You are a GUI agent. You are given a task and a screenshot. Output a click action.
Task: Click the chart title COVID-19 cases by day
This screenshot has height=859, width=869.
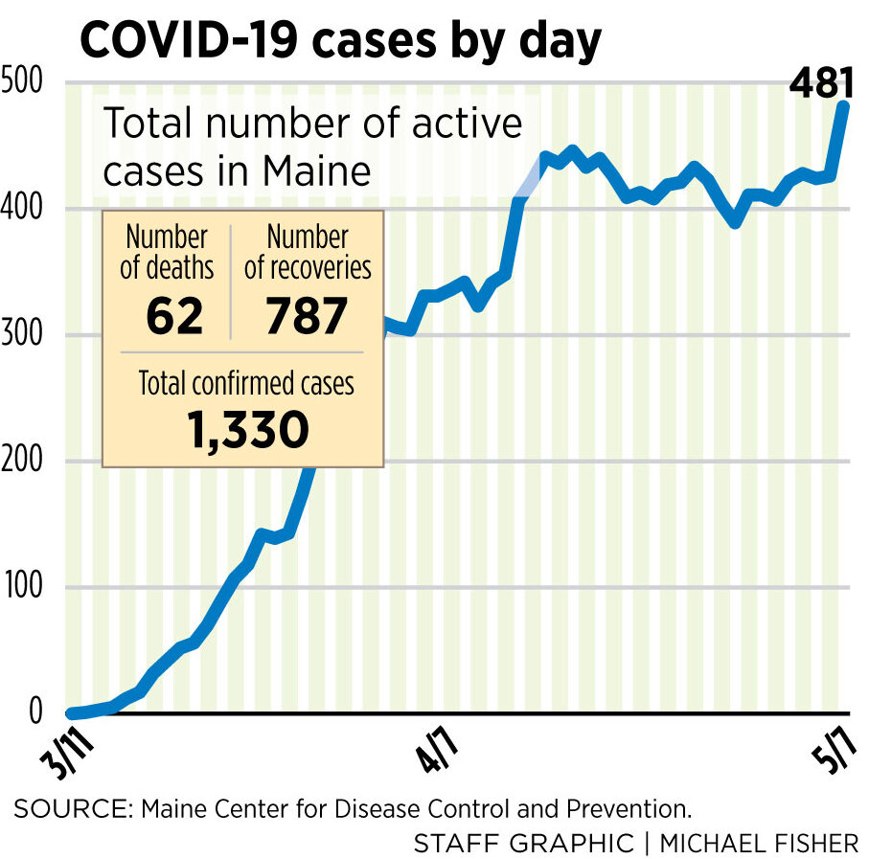(340, 40)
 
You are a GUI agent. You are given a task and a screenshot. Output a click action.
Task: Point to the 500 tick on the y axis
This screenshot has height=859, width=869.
(22, 82)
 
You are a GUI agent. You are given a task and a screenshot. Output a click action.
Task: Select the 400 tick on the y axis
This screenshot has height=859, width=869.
(24, 209)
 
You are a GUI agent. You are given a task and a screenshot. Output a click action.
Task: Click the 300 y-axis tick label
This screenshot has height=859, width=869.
(24, 335)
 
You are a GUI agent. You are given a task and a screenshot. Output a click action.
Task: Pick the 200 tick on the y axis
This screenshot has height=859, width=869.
(24, 462)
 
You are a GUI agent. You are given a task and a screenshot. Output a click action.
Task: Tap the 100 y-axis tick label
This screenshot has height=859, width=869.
(23, 587)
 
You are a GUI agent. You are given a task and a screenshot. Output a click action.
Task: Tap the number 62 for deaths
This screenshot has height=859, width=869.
(174, 317)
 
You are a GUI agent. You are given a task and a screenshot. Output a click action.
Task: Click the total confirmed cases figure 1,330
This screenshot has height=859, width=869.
(248, 431)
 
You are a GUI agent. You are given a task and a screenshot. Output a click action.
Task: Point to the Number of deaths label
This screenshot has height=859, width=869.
(167, 252)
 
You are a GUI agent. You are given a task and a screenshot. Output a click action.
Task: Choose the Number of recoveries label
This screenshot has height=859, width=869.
(307, 252)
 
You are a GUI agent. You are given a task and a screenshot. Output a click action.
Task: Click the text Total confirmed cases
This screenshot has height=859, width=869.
(246, 384)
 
